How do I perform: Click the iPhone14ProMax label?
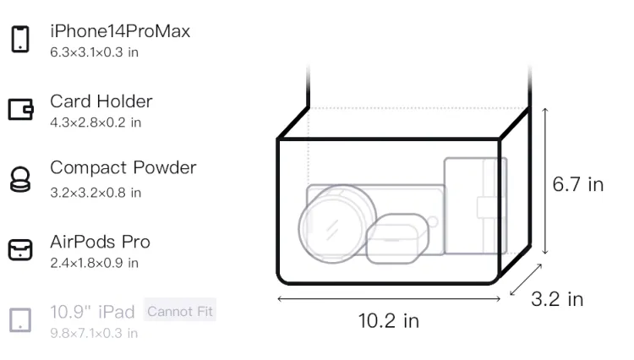tap(120, 31)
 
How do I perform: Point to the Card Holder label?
tap(101, 101)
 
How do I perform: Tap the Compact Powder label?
tap(123, 167)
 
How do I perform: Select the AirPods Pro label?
tap(100, 242)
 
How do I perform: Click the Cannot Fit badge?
tap(180, 311)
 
